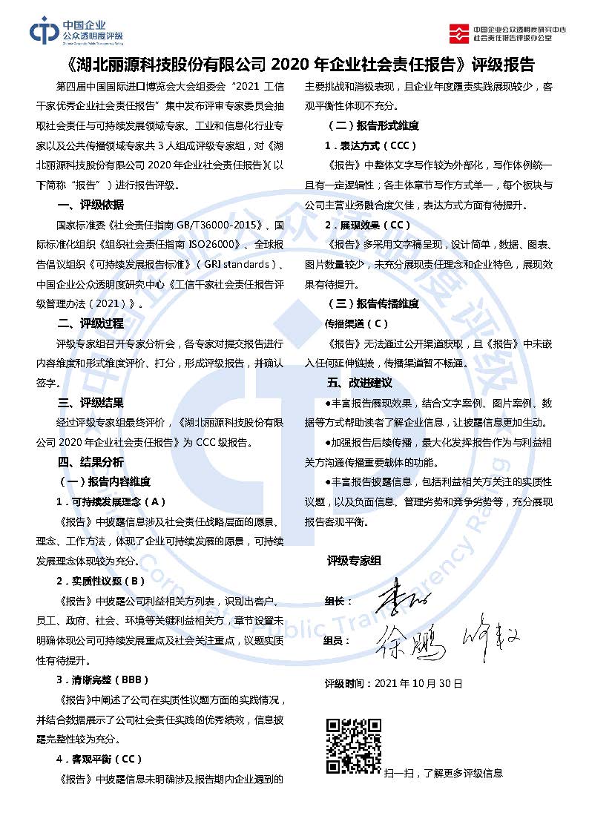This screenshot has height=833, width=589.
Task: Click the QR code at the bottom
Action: click(x=353, y=745)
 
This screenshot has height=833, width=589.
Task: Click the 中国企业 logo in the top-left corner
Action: click(x=76, y=30)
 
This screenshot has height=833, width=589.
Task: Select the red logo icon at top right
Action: click(x=460, y=32)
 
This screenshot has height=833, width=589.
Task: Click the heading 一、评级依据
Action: click(x=91, y=205)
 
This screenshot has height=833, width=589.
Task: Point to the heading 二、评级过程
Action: click(x=91, y=323)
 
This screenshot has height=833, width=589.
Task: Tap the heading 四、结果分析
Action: click(x=91, y=462)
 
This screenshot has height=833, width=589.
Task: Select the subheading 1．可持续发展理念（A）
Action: click(x=111, y=501)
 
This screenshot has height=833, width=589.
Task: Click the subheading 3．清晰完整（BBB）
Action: click(x=103, y=679)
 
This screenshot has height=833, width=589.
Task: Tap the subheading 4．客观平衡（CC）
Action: click(x=99, y=759)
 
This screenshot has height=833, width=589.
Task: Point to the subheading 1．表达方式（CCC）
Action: click(x=370, y=145)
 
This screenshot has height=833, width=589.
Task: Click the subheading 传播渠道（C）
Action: click(x=357, y=323)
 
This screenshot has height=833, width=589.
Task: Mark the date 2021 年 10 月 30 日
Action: click(x=419, y=682)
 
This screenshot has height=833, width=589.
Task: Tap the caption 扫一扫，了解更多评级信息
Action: click(x=444, y=773)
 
